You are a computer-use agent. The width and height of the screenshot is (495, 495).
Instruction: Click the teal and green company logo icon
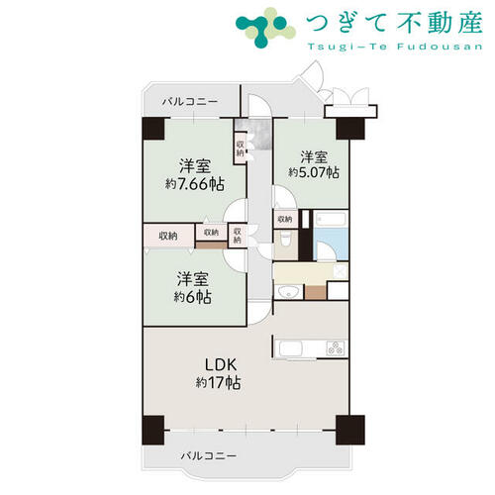pos(265,28)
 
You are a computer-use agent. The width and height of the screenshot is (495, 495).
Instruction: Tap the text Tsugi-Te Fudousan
pos(395,47)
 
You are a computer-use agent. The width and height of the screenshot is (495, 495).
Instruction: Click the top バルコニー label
pos(190,102)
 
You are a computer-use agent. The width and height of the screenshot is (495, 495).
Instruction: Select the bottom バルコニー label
pos(209,456)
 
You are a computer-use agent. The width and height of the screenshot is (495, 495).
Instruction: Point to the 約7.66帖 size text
pos(195,184)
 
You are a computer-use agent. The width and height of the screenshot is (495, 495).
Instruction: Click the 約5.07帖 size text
pos(314,172)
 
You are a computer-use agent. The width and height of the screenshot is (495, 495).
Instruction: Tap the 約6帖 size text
pos(193,298)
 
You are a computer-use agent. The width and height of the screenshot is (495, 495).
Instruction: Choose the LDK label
pos(221,365)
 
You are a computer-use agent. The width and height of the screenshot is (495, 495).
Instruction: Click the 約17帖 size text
pos(218,383)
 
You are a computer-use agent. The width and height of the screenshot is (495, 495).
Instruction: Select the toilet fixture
pos(285,239)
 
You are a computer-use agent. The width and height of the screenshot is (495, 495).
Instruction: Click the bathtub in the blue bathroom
pos(331,219)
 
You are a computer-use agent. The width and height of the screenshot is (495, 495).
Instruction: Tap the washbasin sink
pos(288,291)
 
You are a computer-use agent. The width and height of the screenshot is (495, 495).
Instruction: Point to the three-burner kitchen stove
pos(336,348)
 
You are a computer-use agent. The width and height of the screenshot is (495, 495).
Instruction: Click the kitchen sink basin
pos(291,348)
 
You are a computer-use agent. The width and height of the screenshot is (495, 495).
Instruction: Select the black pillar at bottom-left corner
pos(153,430)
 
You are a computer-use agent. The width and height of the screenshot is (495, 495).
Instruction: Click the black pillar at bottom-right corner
pos(350,430)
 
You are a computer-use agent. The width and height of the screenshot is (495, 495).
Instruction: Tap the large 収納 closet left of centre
pos(168,236)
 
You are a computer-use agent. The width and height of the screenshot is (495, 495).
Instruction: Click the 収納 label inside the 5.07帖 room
pos(285,219)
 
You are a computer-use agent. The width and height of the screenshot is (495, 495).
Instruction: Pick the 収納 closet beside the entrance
pos(240,148)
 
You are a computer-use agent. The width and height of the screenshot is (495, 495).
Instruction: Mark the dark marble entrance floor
pos(253,135)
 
